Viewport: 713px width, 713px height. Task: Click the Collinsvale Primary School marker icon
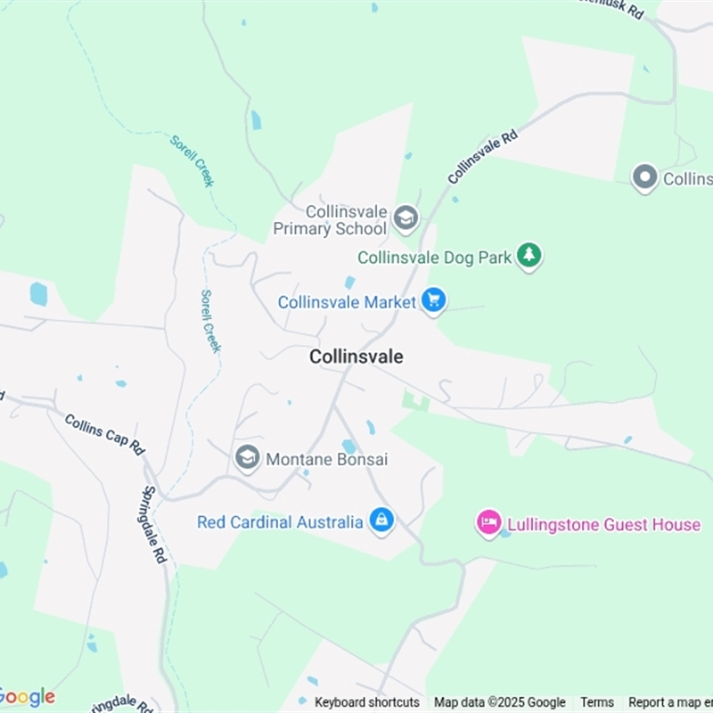coord(406,217)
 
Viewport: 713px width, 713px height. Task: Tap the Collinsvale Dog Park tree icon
coord(529,256)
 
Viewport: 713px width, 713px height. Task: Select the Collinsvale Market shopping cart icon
coord(433,300)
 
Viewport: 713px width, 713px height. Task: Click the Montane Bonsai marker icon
coord(248,457)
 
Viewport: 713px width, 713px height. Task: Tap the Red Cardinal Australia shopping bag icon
coord(381,520)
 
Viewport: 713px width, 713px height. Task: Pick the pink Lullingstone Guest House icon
coord(488,522)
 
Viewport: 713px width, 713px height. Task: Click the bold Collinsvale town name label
coord(356,356)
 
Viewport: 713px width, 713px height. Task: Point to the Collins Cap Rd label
coord(104,434)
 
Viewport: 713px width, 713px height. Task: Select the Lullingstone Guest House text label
coord(603,524)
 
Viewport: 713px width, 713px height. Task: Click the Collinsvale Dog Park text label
coord(435,258)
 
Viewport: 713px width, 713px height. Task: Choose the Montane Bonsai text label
coord(326,459)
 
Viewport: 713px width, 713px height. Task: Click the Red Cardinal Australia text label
coord(280,522)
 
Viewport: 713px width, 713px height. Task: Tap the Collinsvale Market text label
coord(347,302)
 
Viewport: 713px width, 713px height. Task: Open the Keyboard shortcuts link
coord(367,702)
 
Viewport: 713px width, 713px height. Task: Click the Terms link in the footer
coord(597,702)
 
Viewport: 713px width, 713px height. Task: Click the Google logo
coord(27,697)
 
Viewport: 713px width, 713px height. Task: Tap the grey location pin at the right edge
coord(644,177)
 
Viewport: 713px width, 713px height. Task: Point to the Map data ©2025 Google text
coord(500,702)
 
